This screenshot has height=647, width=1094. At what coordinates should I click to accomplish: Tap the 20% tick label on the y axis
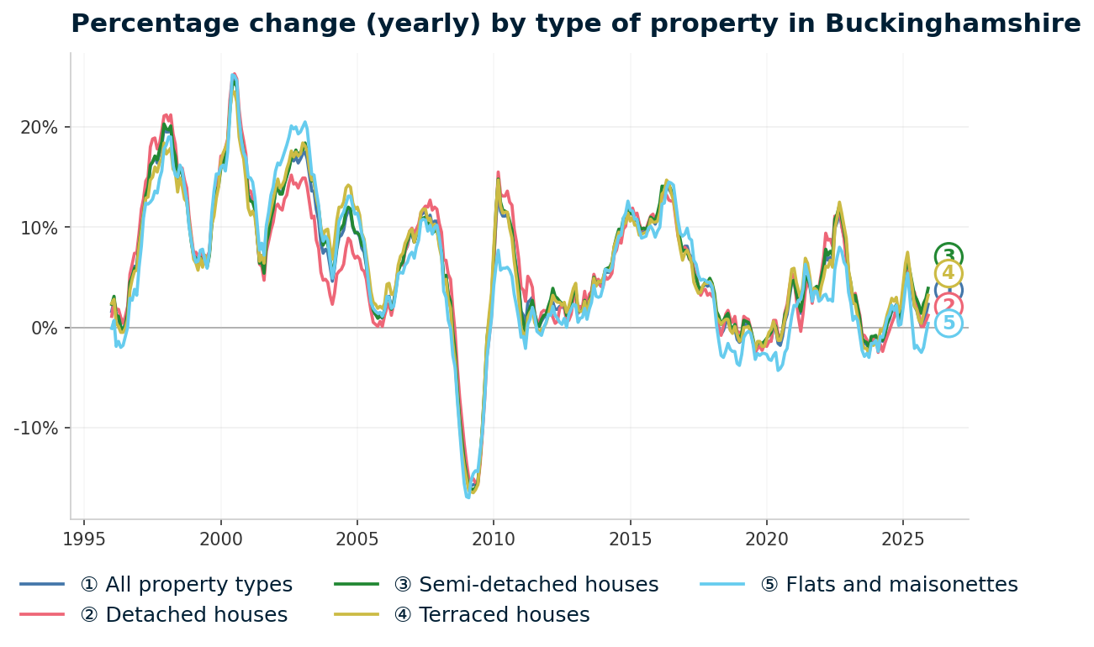39,128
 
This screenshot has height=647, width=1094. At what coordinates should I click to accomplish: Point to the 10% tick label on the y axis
39,228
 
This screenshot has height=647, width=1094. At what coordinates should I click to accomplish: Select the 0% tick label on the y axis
44,328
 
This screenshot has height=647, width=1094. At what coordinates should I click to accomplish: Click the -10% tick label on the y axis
36,428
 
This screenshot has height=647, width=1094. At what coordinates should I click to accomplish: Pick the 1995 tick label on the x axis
84,539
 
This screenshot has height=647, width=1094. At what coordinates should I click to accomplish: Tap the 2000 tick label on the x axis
220,539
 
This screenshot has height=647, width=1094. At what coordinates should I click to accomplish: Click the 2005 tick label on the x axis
357,539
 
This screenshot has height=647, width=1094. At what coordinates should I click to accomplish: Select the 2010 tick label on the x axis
494,539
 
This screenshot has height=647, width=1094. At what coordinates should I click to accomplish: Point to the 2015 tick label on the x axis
630,539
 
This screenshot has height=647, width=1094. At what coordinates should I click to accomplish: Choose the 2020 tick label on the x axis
766,539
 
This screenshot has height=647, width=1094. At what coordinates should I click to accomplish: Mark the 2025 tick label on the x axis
903,539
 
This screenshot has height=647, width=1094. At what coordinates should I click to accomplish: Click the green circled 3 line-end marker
949,256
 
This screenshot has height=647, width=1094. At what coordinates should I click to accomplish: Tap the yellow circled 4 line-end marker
949,274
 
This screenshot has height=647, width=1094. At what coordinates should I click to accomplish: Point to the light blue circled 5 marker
949,323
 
